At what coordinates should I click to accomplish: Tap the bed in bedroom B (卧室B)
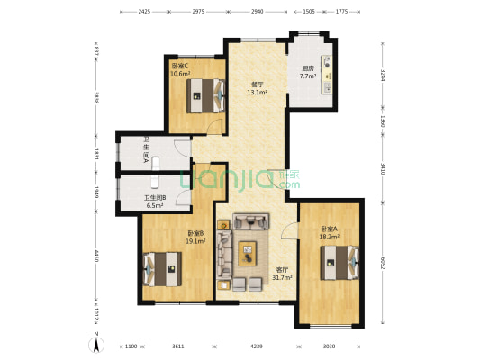(162, 266)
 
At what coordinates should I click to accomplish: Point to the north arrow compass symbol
(95, 342)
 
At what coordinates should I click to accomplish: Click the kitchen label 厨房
(307, 68)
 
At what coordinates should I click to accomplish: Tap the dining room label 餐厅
(256, 85)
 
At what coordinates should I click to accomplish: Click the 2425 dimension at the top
(144, 13)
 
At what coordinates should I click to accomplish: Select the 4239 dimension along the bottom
(257, 346)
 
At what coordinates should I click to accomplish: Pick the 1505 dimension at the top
(308, 13)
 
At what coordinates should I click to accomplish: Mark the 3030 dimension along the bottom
(329, 346)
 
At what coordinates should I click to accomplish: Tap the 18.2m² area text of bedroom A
(331, 236)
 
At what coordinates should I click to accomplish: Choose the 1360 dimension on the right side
(383, 121)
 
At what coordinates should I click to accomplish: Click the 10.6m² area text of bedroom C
(180, 74)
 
